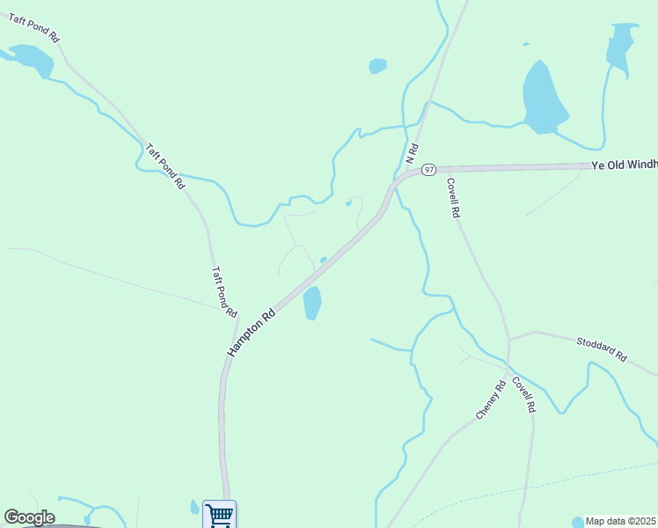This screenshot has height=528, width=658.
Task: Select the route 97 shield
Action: pyautogui.click(x=428, y=169)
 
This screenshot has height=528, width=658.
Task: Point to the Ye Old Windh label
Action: pyautogui.click(x=624, y=165)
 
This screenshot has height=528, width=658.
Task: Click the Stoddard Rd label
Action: pyautogui.click(x=603, y=349)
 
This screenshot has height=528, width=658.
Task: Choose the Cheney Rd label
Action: pyautogui.click(x=491, y=400)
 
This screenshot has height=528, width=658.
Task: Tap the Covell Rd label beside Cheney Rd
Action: pyautogui.click(x=523, y=395)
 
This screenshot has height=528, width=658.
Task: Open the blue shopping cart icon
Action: pyautogui.click(x=219, y=514)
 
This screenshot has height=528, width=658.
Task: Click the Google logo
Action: pyautogui.click(x=29, y=517)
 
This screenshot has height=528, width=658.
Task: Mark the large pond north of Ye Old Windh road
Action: pyautogui.click(x=545, y=98)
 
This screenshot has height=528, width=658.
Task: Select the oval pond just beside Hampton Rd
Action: pyautogui.click(x=311, y=304)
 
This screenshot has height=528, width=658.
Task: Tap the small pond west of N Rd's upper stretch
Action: pyautogui.click(x=377, y=66)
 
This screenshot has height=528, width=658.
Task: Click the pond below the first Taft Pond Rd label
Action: pyautogui.click(x=33, y=60)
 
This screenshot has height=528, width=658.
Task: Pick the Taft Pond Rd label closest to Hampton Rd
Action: pyautogui.click(x=225, y=292)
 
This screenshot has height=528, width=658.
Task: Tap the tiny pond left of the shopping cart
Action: pyautogui.click(x=194, y=507)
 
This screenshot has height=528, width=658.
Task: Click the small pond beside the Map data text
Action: pyautogui.click(x=577, y=522)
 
